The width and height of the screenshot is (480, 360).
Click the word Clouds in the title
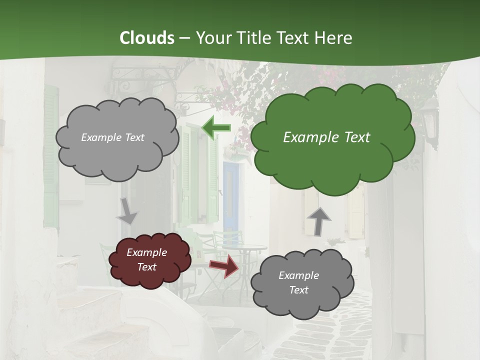147,38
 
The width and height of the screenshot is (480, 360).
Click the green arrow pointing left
215,127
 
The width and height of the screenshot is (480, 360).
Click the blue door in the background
230,195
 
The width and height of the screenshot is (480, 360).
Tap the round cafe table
245,248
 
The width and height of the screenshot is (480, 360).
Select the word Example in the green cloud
306,137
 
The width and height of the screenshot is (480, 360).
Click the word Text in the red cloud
147,267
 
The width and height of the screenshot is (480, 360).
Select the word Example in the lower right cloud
298,275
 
